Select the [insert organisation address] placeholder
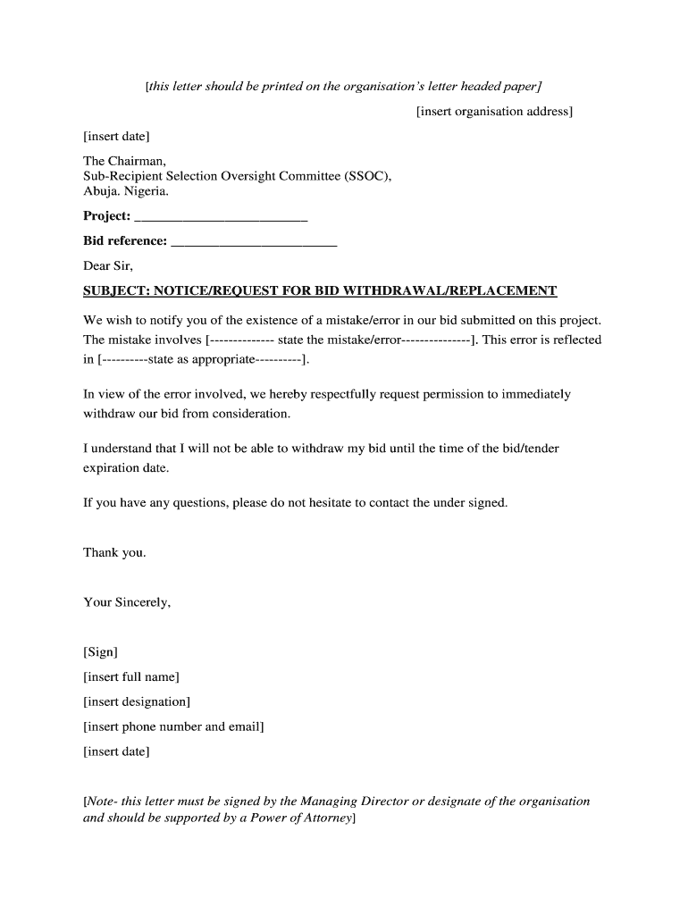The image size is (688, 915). coord(494,112)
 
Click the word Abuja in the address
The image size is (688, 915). coord(101,191)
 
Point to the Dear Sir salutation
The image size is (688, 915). coord(108,265)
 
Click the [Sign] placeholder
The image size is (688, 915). coord(100,652)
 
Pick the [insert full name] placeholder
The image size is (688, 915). coord(131,676)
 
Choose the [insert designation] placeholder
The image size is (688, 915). coord(137,701)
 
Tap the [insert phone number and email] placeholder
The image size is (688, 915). coord(173,726)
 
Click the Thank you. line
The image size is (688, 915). coord(114,552)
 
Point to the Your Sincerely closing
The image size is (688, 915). coord(127,602)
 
